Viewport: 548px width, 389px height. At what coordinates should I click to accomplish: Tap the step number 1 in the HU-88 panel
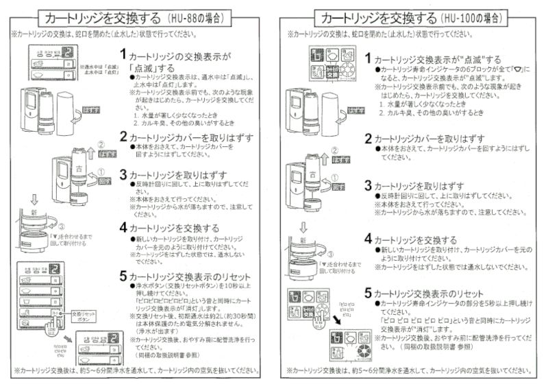pos(123,54)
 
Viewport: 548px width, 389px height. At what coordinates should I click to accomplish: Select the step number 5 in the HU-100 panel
pos(368,292)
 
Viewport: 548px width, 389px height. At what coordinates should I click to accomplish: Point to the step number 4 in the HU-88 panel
pos(123,227)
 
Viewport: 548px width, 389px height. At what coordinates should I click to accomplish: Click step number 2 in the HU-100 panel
pos(368,139)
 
